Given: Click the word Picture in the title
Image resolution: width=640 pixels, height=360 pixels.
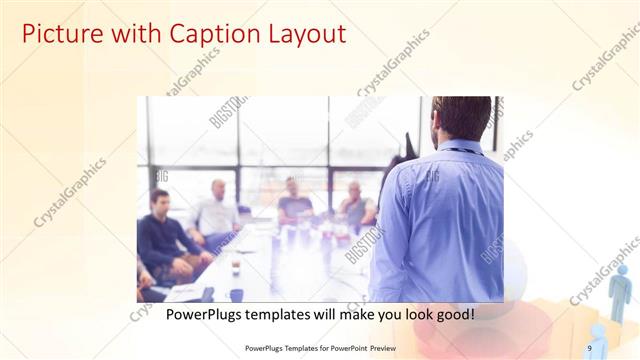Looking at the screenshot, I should pos(59,34).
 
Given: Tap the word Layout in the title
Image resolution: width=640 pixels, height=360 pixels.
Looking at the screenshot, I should pos(299,34).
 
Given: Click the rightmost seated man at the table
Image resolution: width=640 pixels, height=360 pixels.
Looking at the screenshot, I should pos(355,205).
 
